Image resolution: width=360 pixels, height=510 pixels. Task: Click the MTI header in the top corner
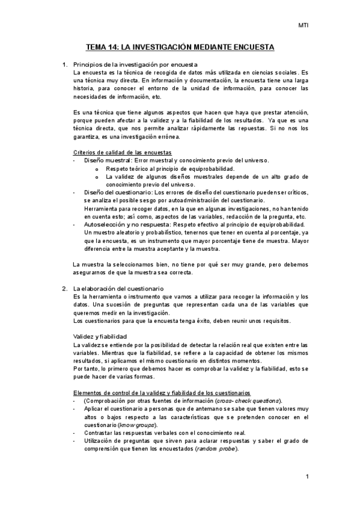coord(304,25)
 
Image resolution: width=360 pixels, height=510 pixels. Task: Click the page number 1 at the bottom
coord(307,477)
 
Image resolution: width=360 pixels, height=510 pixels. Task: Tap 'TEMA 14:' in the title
coord(102,46)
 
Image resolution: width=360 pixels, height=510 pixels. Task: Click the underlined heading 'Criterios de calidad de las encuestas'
coord(122,152)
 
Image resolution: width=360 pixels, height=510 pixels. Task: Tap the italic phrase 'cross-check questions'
coord(248,401)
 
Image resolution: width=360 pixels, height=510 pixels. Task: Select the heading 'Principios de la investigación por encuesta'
coord(135,64)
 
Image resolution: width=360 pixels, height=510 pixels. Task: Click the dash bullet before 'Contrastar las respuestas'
coord(74,433)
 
